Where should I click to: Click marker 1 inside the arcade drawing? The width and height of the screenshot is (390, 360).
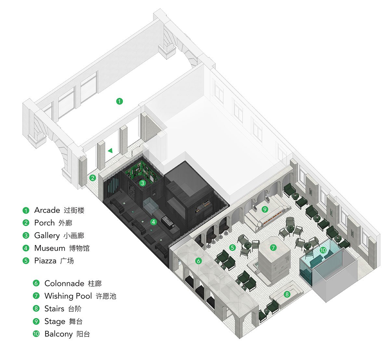click(120, 101)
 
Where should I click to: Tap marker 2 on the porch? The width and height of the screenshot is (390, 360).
click(93, 178)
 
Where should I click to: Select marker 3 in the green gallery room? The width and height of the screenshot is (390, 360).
click(142, 183)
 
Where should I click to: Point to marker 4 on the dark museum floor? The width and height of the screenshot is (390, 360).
click(154, 222)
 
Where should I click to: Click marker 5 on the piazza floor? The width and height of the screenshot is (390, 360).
click(232, 248)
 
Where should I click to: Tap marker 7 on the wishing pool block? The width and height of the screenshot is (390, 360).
click(273, 248)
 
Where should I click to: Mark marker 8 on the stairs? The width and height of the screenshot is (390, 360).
click(287, 294)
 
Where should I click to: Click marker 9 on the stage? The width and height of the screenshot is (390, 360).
click(265, 209)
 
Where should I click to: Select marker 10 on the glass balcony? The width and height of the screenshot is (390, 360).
click(323, 250)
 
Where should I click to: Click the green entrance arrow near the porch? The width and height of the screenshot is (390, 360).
click(110, 150)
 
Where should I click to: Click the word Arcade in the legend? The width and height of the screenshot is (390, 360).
click(47, 210)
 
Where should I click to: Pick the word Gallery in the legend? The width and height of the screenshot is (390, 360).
click(47, 236)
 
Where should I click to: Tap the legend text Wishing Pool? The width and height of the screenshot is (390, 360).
click(68, 296)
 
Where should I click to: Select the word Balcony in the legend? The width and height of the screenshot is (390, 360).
click(58, 334)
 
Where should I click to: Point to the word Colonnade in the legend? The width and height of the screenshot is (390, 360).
click(64, 283)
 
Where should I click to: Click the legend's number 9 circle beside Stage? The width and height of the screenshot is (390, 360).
click(36, 321)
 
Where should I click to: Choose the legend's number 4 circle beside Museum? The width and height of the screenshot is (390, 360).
click(26, 248)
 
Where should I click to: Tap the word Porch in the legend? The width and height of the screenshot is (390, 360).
click(45, 223)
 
